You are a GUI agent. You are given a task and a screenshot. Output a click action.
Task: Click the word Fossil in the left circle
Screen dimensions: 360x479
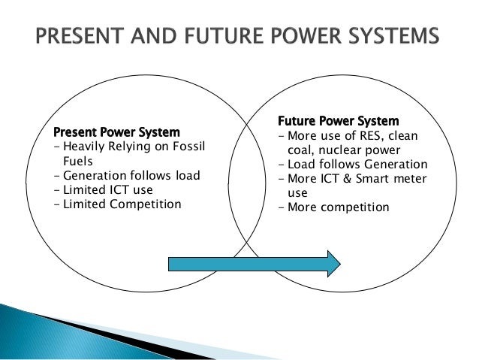[186, 147]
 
